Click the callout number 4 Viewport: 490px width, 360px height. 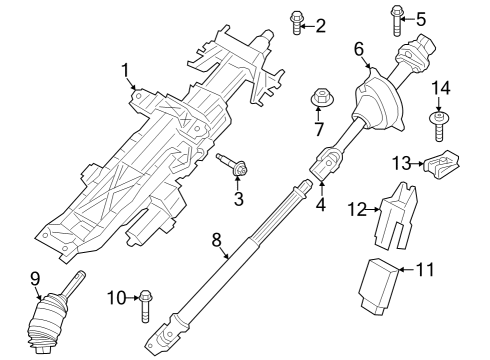pyautogui.click(x=320, y=207)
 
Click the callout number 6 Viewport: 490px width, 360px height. pyautogui.click(x=358, y=47)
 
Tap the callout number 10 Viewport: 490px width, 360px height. pyautogui.click(x=116, y=298)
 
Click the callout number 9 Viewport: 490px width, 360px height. pyautogui.click(x=34, y=279)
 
